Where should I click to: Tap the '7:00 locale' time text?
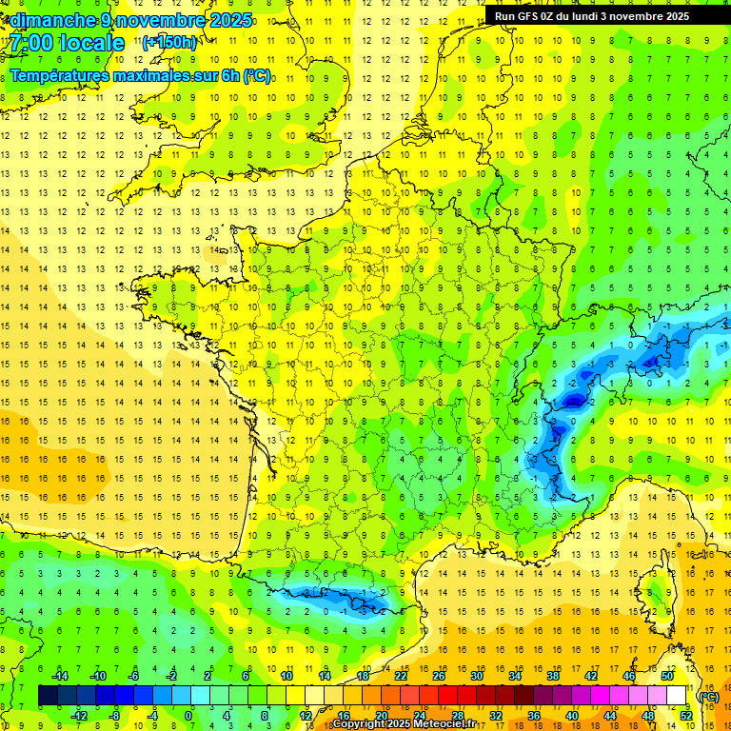[x=68, y=43]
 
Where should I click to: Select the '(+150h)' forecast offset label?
[x=169, y=42]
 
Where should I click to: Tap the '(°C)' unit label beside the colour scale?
[x=708, y=697]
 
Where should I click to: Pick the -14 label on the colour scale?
[x=59, y=676]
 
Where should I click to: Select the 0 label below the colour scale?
[x=188, y=716]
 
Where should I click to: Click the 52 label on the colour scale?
[x=685, y=716]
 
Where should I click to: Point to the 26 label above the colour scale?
[x=438, y=676]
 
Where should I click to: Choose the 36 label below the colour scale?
[x=533, y=716]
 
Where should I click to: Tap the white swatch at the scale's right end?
[x=677, y=696]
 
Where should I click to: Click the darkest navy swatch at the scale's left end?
[x=48, y=696]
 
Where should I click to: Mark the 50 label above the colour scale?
[x=666, y=676]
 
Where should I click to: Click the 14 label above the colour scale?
[x=325, y=676]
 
